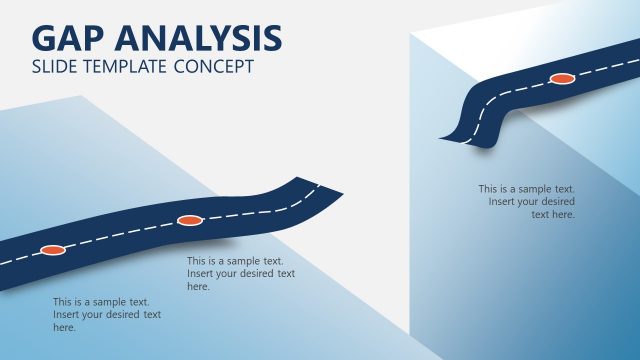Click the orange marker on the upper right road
(x=562, y=78)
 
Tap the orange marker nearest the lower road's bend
(x=189, y=220)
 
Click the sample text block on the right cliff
(x=528, y=201)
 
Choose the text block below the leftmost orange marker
(x=106, y=314)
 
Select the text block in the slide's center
(x=240, y=273)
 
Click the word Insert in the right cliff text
(x=503, y=201)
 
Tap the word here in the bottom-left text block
(x=64, y=327)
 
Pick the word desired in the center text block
(x=250, y=273)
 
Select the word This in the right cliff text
(x=488, y=188)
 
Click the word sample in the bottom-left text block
(x=109, y=301)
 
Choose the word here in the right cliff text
(x=563, y=214)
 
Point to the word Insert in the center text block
(x=201, y=273)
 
